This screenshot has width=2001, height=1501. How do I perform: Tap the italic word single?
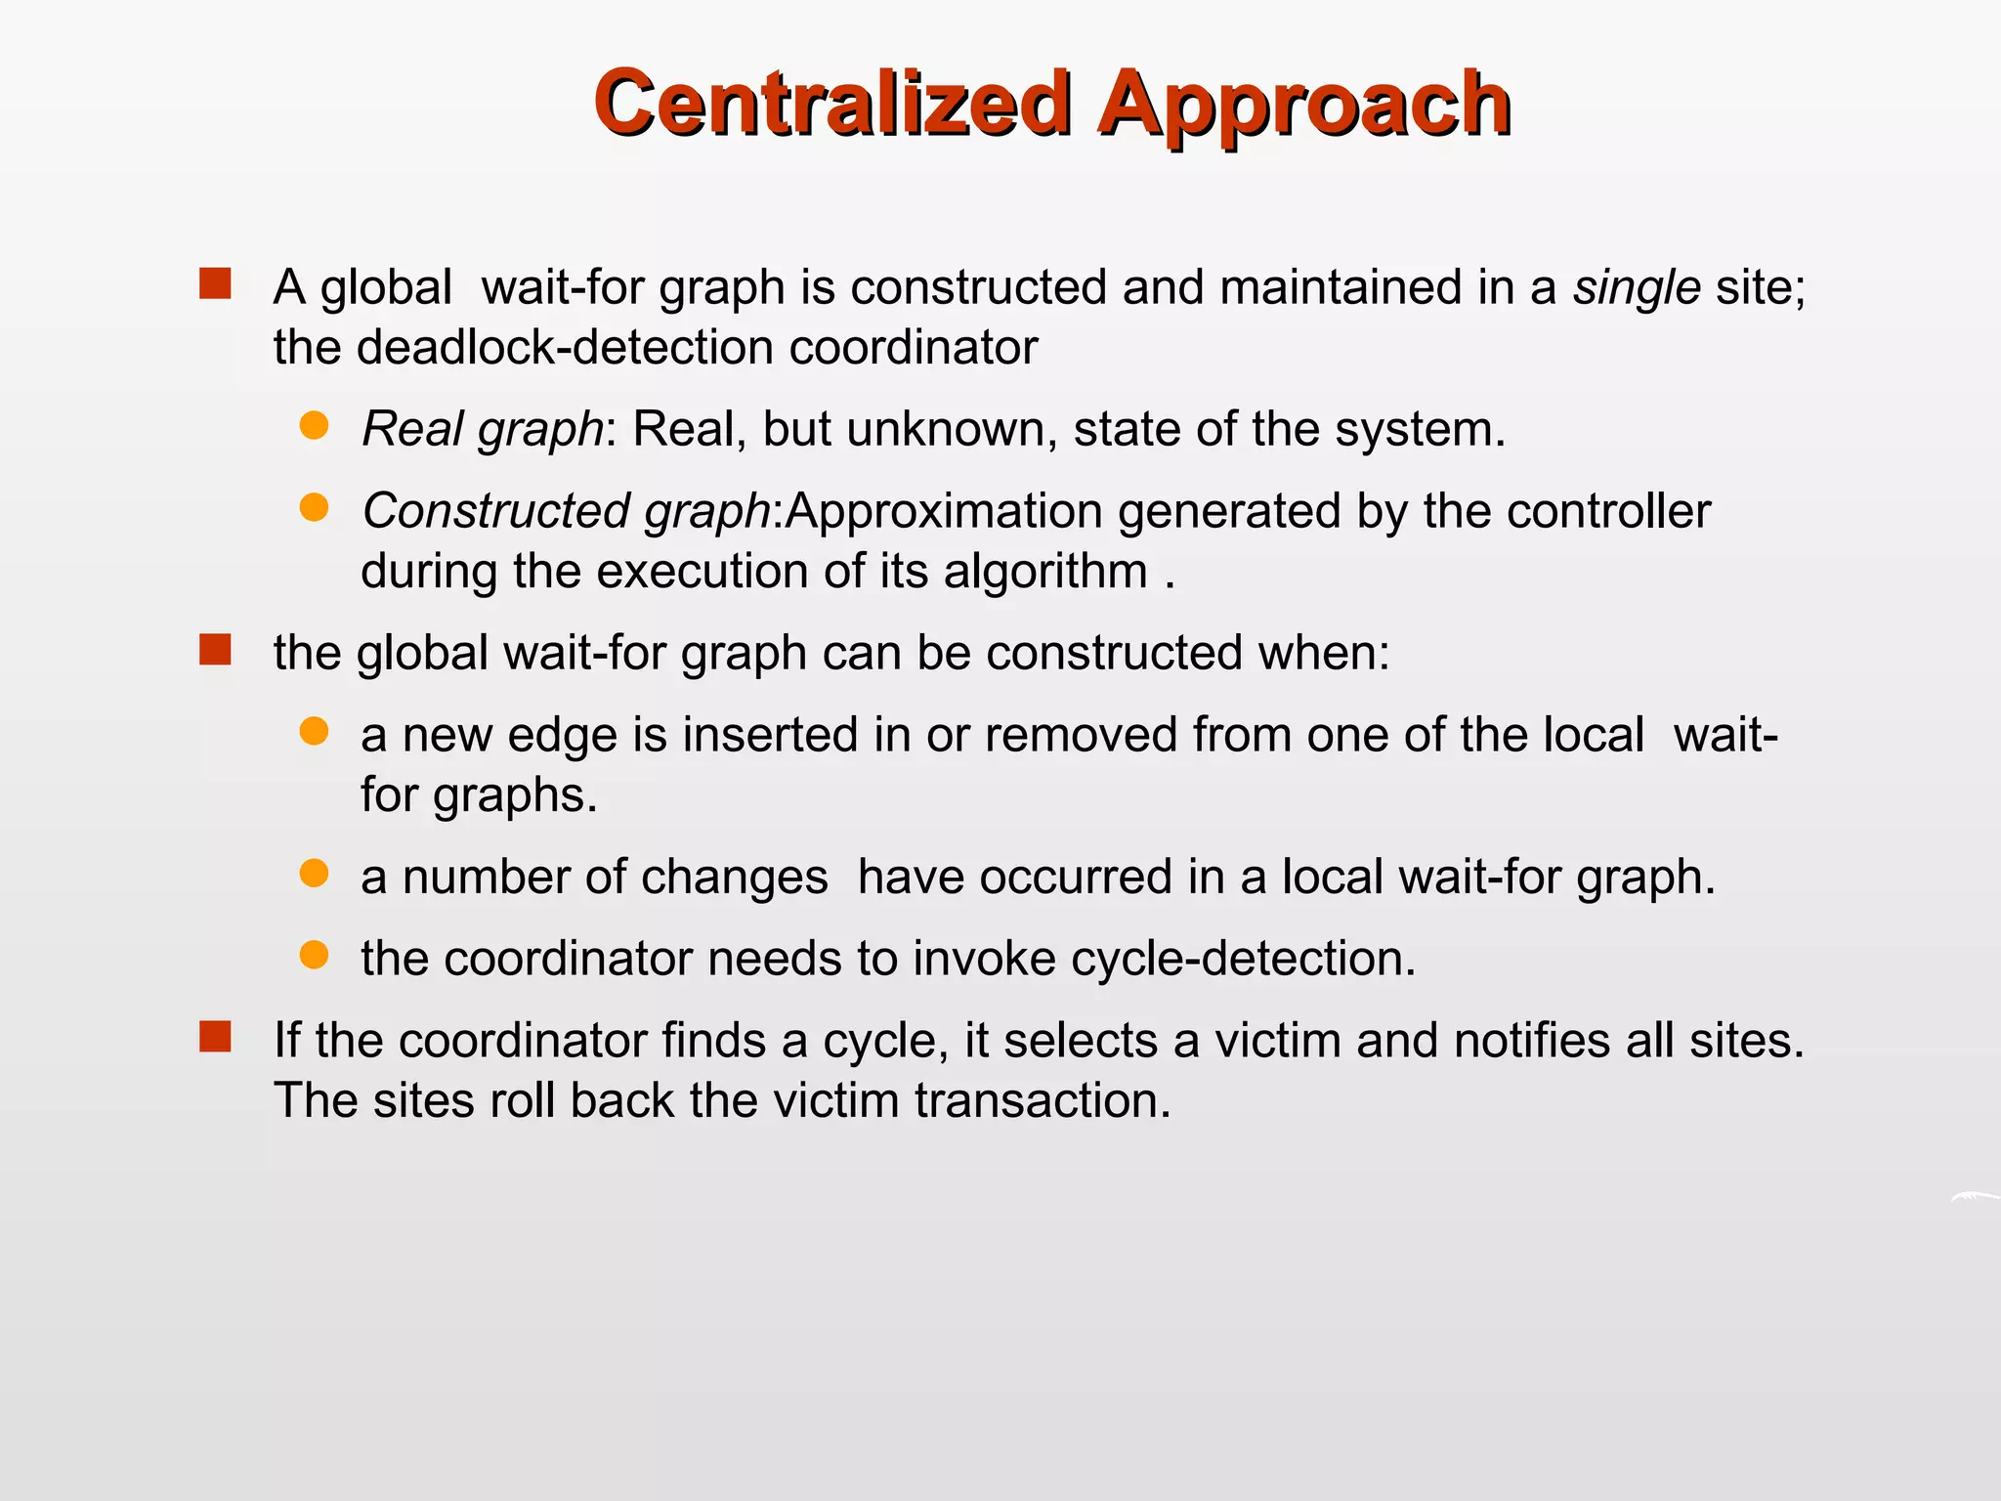tap(1637, 287)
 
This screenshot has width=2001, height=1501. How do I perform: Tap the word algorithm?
tap(1044, 572)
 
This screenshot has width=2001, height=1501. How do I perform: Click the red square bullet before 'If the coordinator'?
tap(215, 1037)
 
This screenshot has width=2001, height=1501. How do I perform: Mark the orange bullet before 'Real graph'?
tap(314, 425)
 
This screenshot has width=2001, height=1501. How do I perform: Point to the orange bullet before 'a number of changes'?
tap(314, 873)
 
